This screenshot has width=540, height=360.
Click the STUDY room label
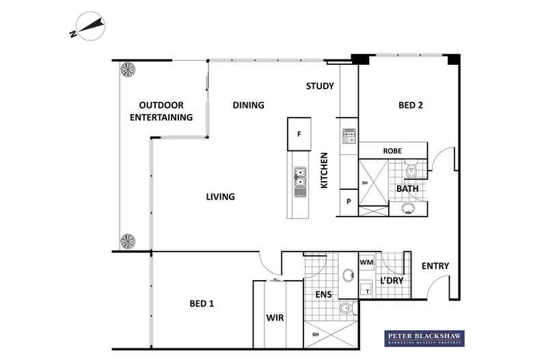pos(319,86)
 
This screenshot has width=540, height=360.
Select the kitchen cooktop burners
pos(349,135)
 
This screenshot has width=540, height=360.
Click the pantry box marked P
pos(349,202)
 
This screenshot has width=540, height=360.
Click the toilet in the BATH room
pos(409,168)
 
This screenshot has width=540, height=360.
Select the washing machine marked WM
pos(366,262)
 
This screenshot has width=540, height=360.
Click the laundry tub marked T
pos(367,290)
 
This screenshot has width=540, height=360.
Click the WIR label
pos(275,318)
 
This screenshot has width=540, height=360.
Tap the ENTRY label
pos(435,266)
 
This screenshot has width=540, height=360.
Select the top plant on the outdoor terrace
pos(128,69)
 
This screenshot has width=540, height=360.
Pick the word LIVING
pos(220,197)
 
